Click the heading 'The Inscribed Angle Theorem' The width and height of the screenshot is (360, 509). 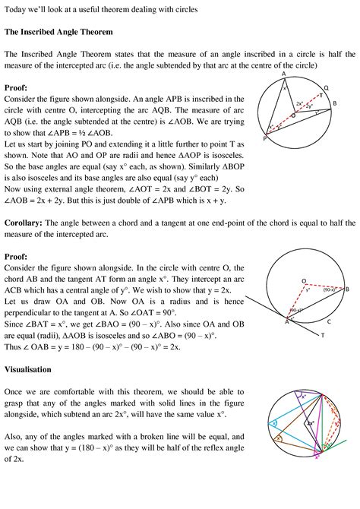click(x=58, y=33)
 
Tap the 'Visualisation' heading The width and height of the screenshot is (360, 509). click(x=28, y=369)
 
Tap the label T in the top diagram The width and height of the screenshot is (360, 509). click(x=321, y=97)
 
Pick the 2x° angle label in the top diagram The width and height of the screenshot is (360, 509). click(x=300, y=103)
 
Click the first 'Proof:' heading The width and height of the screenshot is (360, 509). click(x=17, y=87)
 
